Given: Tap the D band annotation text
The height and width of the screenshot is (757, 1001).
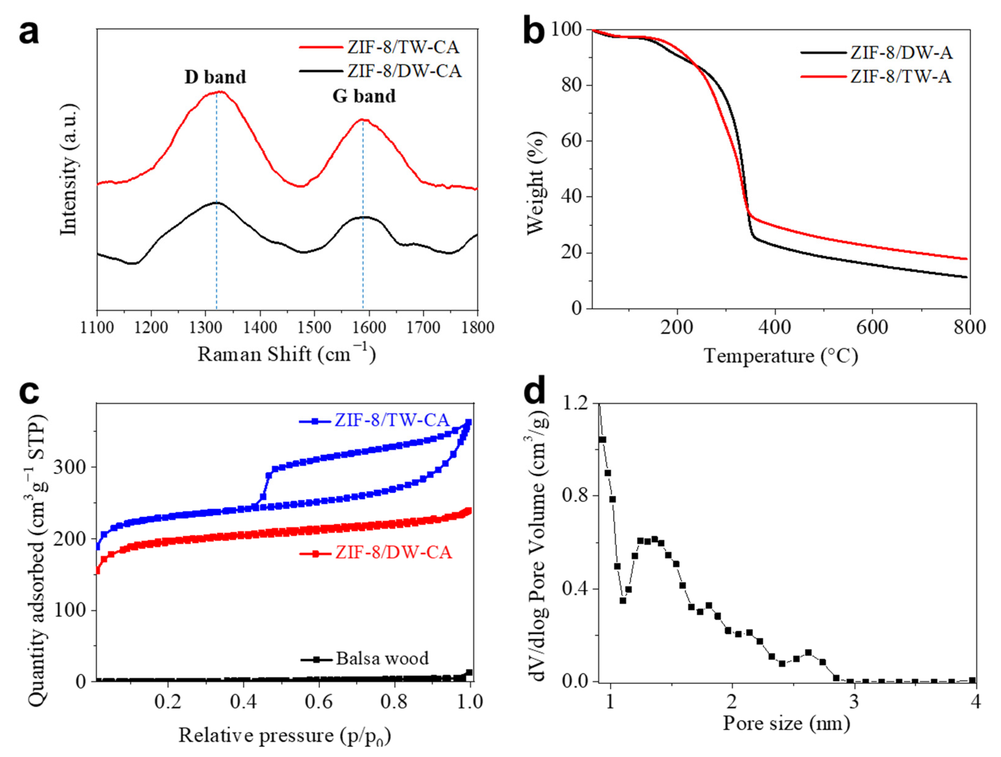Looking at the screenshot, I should point(215,77).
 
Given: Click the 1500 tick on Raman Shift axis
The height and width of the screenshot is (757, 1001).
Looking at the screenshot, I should point(314,327).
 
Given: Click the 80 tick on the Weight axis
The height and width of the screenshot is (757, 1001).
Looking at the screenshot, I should point(571,85).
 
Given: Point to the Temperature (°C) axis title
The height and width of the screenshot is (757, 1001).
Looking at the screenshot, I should point(780,356).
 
